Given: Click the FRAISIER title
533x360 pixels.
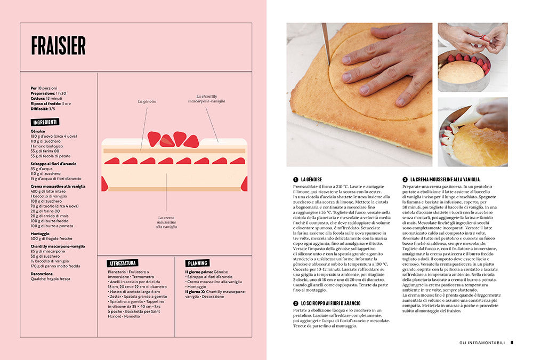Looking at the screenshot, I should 58,46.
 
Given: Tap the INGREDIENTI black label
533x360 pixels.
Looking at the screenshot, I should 45,122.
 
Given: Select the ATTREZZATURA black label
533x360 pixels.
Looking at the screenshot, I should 123,263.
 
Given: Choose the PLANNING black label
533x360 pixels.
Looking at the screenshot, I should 197,263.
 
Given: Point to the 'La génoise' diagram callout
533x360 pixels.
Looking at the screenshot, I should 147,101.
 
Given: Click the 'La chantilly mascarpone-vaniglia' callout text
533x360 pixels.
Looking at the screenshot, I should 206,98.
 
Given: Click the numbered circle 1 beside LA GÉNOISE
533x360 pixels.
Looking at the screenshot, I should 295,179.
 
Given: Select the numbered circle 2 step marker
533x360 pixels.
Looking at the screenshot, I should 295,303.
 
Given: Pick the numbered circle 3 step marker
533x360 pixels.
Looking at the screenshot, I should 405,179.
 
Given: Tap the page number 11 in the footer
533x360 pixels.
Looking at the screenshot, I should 512,343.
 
